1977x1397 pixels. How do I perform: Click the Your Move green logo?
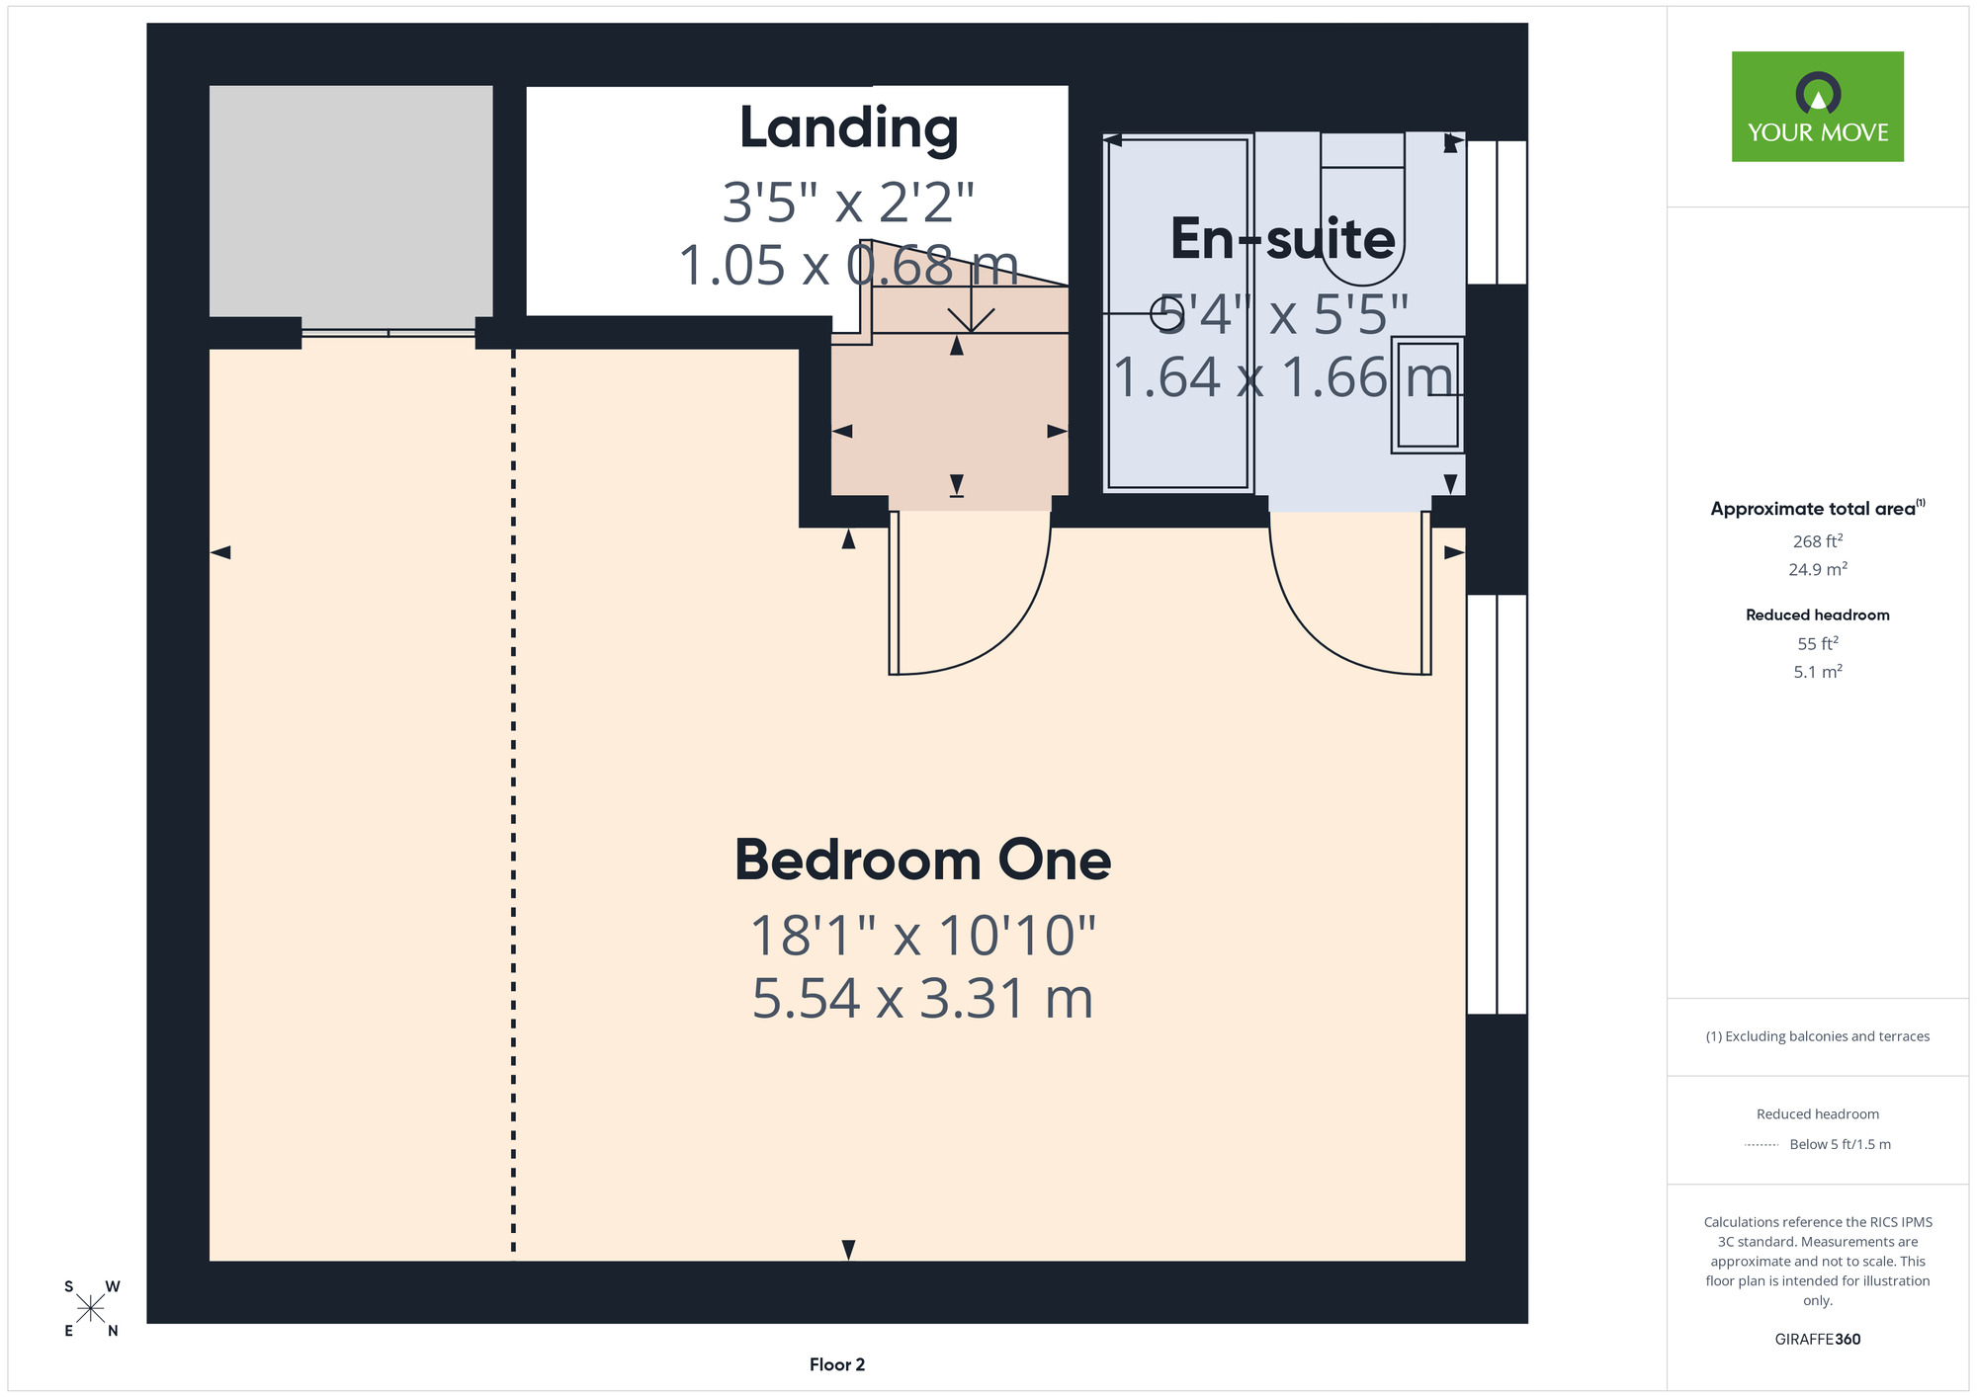pyautogui.click(x=1817, y=107)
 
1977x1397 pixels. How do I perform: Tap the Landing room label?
pyautogui.click(x=849, y=128)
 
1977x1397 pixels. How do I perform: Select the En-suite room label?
pyautogui.click(x=1283, y=239)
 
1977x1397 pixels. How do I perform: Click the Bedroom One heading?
pyautogui.click(x=922, y=860)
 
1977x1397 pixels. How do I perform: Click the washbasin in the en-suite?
pyautogui.click(x=1427, y=394)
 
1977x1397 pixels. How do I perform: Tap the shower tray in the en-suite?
pyautogui.click(x=1178, y=313)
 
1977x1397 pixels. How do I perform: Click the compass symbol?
pyautogui.click(x=91, y=1308)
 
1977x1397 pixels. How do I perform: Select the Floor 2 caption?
pyautogui.click(x=837, y=1364)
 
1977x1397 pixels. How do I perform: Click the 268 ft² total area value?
pyautogui.click(x=1818, y=540)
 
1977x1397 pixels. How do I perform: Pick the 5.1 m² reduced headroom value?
pyautogui.click(x=1818, y=672)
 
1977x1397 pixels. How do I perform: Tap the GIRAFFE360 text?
pyautogui.click(x=1818, y=1340)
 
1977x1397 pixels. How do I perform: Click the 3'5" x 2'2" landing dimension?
pyautogui.click(x=848, y=203)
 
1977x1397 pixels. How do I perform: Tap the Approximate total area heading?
pyautogui.click(x=1818, y=508)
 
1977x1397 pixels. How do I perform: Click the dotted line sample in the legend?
pyautogui.click(x=1762, y=1145)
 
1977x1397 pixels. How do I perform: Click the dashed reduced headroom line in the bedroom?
pyautogui.click(x=513, y=804)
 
